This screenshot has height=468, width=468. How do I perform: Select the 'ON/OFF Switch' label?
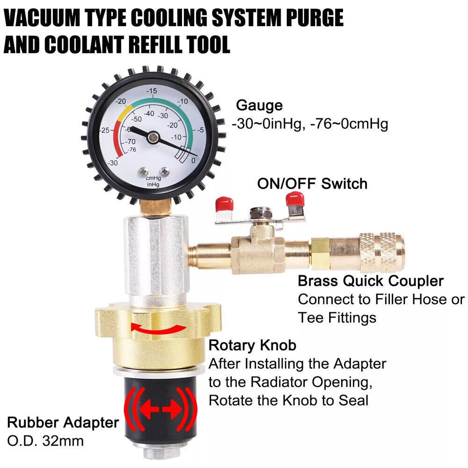(312, 183)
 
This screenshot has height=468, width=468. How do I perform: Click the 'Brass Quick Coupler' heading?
(371, 281)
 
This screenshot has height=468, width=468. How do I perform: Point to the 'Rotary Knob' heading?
(252, 345)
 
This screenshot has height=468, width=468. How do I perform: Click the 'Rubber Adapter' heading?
(63, 423)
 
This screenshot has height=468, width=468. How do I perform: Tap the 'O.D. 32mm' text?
(45, 441)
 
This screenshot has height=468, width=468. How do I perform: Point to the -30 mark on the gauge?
(112, 162)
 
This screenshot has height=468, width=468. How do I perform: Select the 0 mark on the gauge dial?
(194, 161)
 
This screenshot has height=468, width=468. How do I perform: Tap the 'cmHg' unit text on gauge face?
(153, 178)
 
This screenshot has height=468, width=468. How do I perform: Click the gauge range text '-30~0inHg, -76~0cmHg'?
(310, 125)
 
